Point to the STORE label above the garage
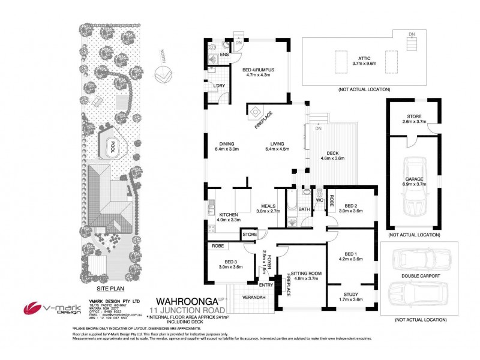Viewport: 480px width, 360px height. pos(413,117)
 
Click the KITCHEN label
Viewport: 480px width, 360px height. pos(229,214)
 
